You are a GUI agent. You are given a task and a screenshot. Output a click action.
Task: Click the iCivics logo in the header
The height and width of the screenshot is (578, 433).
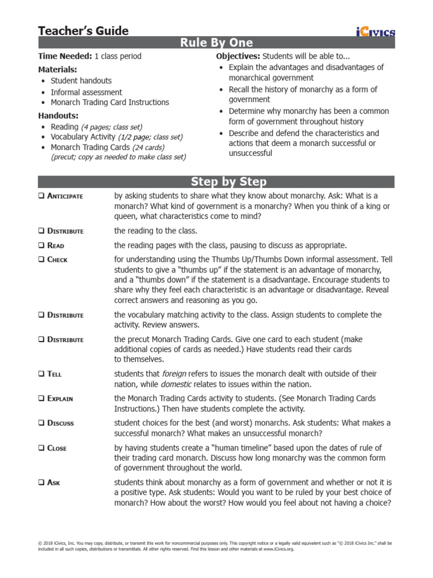(375, 32)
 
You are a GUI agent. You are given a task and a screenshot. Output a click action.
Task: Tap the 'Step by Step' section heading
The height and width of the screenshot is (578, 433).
(216, 182)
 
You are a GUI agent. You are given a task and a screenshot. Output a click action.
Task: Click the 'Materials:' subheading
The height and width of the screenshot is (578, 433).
(58, 69)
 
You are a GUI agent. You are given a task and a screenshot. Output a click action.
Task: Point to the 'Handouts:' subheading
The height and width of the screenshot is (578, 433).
(58, 115)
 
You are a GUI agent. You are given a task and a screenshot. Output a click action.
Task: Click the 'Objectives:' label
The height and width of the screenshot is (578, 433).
(239, 56)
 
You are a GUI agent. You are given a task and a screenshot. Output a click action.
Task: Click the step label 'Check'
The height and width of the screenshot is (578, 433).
(57, 260)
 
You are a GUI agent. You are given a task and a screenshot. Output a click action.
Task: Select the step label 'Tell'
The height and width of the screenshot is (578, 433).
(54, 374)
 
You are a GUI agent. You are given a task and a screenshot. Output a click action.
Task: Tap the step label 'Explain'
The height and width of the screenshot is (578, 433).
(60, 399)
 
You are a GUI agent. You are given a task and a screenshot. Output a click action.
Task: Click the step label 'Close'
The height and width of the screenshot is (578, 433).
(57, 448)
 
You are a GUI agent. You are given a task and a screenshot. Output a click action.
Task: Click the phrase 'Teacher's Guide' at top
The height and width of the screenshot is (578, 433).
(83, 31)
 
